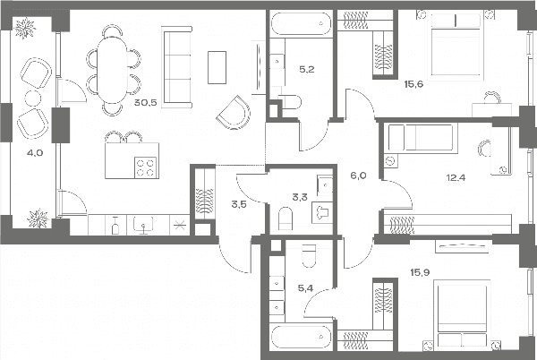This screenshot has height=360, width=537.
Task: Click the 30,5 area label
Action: click(x=145, y=102)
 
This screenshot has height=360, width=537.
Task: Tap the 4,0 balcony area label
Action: click(x=35, y=153)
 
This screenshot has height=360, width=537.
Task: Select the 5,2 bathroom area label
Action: click(x=306, y=70)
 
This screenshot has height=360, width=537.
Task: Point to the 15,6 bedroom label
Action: click(x=413, y=84)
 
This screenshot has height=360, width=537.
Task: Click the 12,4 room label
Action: click(x=456, y=177)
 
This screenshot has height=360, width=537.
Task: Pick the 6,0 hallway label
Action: click(x=358, y=176)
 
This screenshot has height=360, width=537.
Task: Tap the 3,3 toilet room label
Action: click(x=300, y=197)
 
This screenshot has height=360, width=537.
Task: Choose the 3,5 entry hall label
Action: click(x=239, y=205)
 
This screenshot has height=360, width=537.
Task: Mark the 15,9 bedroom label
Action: click(x=420, y=272)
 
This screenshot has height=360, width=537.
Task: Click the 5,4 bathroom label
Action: click(x=305, y=288)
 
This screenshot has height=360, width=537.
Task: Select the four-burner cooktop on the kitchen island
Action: click(x=145, y=167)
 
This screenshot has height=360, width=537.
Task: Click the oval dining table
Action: click(x=113, y=69)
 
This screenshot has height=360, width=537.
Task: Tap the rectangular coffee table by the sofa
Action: click(x=217, y=67)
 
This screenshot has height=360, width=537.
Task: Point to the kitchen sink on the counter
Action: click(x=143, y=225)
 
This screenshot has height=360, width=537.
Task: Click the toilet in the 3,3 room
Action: click(x=286, y=219)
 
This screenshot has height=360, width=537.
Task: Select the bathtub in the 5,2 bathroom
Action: click(x=302, y=23)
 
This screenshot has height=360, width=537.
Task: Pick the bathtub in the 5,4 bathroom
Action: click(x=302, y=338)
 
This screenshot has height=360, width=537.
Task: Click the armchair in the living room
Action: click(x=234, y=112)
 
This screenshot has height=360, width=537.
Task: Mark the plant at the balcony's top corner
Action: click(x=25, y=29)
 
